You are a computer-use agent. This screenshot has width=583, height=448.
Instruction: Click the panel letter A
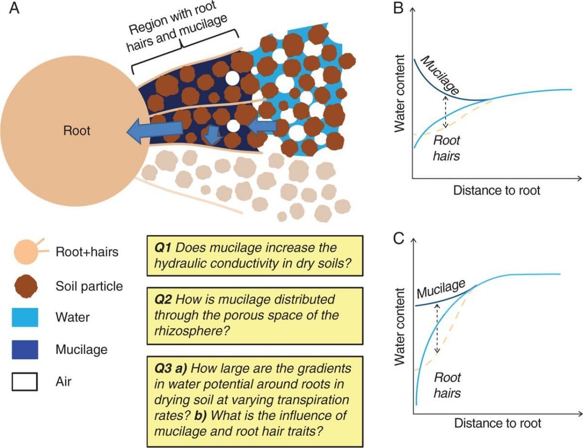click(x=15, y=10)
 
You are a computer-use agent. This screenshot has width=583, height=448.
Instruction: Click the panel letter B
click(x=398, y=9)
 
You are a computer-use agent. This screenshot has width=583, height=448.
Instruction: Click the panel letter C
click(x=399, y=239)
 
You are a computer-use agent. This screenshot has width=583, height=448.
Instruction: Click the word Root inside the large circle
click(x=77, y=130)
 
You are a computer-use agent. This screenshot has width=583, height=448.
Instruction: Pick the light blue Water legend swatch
click(x=24, y=318)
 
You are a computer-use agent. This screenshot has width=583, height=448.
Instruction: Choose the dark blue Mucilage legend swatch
click(x=24, y=349)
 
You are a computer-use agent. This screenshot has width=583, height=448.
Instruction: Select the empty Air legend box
click(x=24, y=382)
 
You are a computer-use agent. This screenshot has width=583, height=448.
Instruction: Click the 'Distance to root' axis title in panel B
click(x=497, y=190)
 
